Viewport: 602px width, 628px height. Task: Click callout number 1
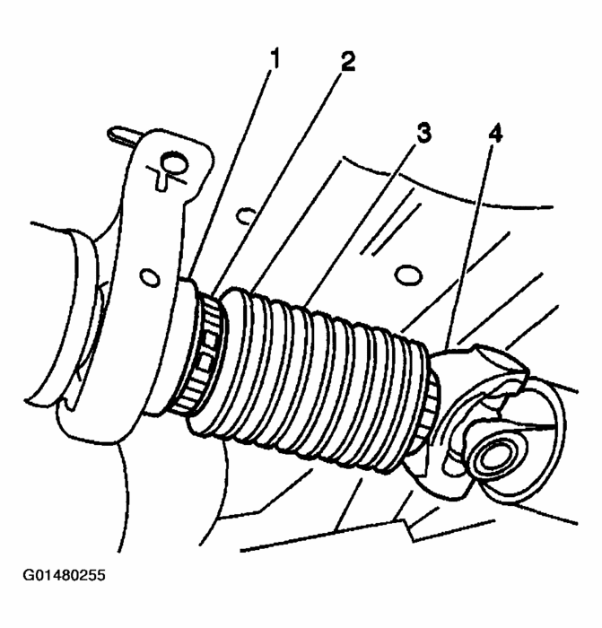(x=275, y=60)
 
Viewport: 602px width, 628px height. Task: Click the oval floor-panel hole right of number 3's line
(x=408, y=272)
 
